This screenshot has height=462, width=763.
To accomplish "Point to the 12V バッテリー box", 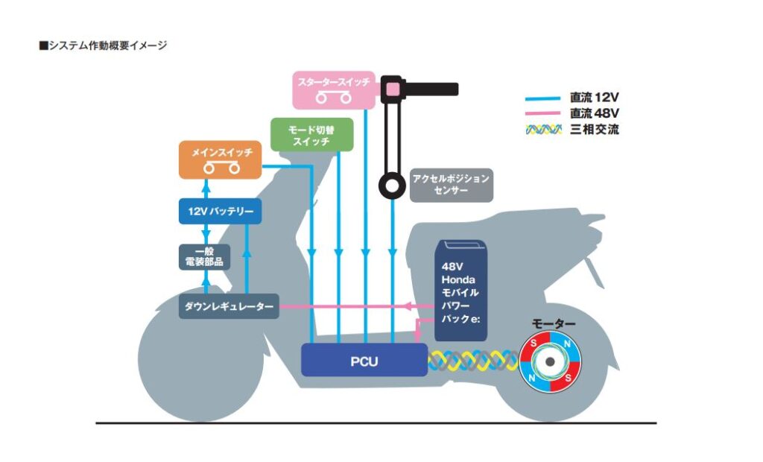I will (x=221, y=212).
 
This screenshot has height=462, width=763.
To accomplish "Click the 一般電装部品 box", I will (x=204, y=256).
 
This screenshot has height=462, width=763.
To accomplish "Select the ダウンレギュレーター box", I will (x=229, y=306).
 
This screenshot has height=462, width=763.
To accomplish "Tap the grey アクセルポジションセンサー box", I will (x=451, y=185).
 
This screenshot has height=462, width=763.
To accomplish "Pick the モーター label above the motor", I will (x=553, y=324).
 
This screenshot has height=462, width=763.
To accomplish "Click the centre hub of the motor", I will (x=551, y=362).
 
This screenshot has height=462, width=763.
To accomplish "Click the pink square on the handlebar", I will (x=392, y=89).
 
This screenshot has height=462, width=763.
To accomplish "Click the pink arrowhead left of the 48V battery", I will (x=408, y=306).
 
